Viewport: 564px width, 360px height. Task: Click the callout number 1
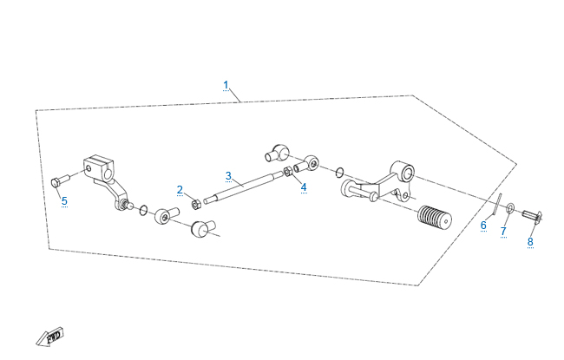(x=226, y=85)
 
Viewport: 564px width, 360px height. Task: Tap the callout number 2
(x=180, y=190)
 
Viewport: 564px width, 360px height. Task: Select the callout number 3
(x=228, y=176)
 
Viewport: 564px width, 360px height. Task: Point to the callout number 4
(x=304, y=187)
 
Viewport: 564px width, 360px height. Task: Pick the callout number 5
(x=64, y=200)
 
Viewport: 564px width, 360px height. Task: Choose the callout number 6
(x=483, y=225)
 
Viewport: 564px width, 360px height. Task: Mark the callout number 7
(x=502, y=231)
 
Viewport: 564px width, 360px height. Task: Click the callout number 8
(x=530, y=241)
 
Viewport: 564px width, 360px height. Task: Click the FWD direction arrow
(x=49, y=336)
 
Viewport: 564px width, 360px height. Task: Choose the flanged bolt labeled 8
(x=533, y=216)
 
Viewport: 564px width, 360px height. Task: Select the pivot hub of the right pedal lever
(x=402, y=170)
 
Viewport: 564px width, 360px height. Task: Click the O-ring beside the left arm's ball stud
(x=143, y=209)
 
